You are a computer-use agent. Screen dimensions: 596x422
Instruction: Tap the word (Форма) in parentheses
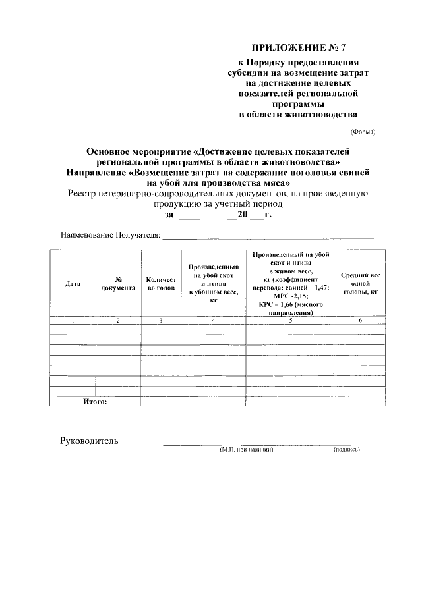pos(363,131)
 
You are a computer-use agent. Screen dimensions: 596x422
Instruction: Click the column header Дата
pos(73,284)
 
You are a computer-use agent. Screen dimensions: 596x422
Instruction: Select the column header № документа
pos(118,284)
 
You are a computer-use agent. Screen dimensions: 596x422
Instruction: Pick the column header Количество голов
pos(161,284)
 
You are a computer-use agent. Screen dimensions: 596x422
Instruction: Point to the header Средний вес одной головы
pos(360,284)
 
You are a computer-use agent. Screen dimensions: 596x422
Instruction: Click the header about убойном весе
pos(213,284)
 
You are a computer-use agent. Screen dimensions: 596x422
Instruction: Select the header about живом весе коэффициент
pos(291,284)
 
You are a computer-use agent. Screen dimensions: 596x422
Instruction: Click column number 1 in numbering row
pos(73,321)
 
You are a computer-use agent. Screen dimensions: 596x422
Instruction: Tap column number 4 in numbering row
pos(213,321)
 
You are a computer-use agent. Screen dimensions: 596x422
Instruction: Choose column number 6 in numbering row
pos(360,321)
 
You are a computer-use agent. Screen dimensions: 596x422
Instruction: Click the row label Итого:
pos(94,401)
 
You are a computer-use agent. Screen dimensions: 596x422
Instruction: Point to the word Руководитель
pos(89,441)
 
